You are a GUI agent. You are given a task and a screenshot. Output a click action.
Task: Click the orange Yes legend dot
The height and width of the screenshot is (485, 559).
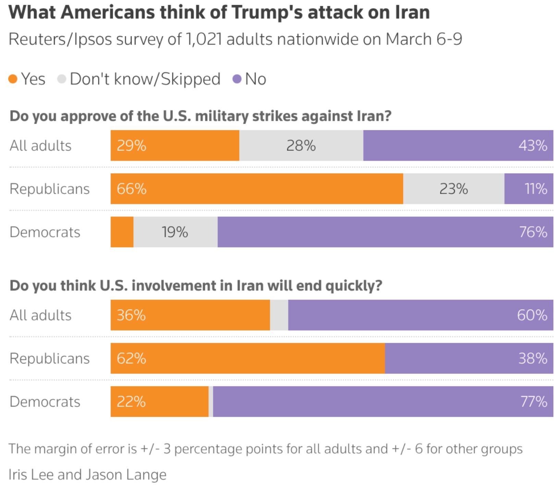click(13, 79)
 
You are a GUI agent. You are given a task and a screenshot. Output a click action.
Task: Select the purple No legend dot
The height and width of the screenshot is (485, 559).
click(237, 79)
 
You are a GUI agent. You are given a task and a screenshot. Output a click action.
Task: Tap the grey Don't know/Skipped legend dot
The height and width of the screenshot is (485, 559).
click(62, 79)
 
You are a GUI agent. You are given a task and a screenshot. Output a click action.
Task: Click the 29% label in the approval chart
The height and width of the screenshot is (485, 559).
click(131, 146)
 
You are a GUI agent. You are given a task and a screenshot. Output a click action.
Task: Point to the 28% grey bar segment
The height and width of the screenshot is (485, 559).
click(301, 146)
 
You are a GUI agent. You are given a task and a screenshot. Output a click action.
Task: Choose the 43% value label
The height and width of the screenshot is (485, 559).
click(533, 146)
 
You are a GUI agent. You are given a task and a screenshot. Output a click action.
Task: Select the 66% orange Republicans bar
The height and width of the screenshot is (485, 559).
click(257, 189)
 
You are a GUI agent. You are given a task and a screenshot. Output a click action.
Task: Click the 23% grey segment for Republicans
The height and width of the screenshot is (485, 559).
click(454, 189)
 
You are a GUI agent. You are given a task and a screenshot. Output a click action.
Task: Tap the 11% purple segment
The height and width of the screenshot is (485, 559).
click(529, 189)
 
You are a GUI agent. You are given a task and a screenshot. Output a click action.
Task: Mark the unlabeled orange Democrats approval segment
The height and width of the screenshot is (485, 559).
click(122, 232)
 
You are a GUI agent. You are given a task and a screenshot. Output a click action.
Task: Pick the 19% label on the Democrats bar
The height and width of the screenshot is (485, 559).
click(175, 232)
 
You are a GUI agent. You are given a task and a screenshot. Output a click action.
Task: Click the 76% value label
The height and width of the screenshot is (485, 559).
click(533, 232)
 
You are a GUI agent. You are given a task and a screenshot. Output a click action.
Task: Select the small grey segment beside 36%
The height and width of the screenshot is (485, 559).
click(279, 315)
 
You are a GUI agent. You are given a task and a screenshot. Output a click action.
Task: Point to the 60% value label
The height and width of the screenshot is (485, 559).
click(532, 315)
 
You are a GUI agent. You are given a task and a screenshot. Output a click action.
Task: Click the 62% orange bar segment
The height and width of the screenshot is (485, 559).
click(248, 359)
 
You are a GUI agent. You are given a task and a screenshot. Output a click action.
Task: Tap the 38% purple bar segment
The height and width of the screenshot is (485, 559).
click(469, 359)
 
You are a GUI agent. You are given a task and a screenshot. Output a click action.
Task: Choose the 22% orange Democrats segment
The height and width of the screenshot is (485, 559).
click(160, 402)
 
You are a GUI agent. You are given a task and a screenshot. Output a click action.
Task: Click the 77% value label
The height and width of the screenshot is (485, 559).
click(534, 402)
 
